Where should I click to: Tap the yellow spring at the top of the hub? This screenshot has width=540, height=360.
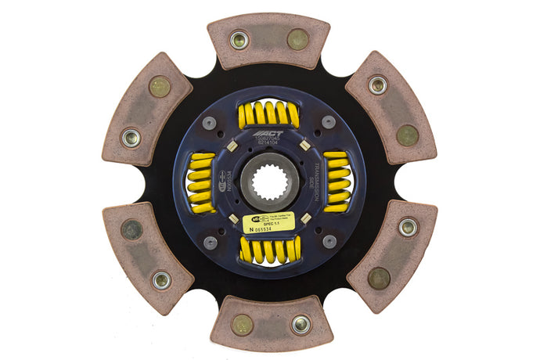pyautogui.click(x=268, y=115)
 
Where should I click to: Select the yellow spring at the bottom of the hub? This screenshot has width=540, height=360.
pyautogui.click(x=268, y=250)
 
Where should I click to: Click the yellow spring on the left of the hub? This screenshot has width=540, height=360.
pyautogui.click(x=201, y=182)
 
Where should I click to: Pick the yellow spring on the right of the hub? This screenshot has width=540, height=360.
pyautogui.click(x=337, y=182)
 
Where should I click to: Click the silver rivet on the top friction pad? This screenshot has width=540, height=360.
pyautogui.click(x=239, y=39)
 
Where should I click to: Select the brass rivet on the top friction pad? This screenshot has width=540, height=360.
pyautogui.click(x=297, y=39)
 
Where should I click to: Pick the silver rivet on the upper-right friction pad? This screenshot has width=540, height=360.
pyautogui.click(x=378, y=85)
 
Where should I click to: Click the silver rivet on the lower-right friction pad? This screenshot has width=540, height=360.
pyautogui.click(x=408, y=228)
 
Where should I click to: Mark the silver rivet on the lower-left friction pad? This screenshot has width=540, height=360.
pyautogui.click(x=161, y=279)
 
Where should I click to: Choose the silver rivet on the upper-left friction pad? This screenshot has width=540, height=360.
pyautogui.click(x=131, y=138)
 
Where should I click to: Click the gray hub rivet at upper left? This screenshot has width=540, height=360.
pyautogui.click(x=210, y=123)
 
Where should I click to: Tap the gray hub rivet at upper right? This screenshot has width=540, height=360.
pyautogui.click(x=329, y=122)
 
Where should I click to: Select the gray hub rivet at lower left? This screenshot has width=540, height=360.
pyautogui.click(x=210, y=243)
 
